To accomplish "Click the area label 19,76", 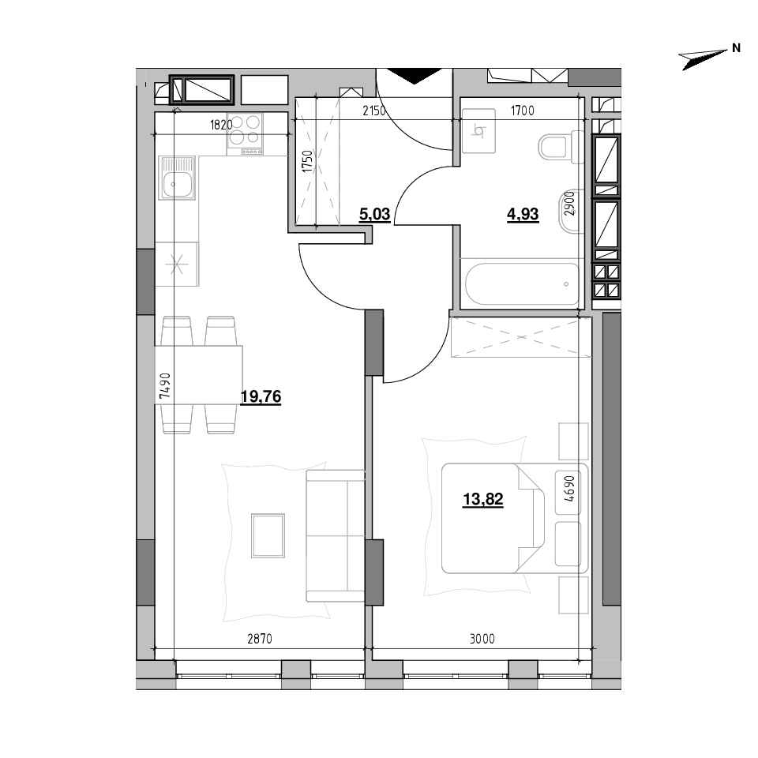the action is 261,397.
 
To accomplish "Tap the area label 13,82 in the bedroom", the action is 483,499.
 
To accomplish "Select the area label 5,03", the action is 374,214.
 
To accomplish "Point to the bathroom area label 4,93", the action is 523,214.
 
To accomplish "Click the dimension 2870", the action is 260,639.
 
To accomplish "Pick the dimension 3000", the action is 482,639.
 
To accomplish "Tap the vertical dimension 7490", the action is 165,385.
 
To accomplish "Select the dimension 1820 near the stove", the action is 221,125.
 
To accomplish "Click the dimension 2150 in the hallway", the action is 374,111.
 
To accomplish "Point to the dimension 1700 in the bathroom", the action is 523,111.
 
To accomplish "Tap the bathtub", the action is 522,284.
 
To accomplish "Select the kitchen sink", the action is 177,178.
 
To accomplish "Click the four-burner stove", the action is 245,134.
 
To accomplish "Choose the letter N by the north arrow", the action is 736,48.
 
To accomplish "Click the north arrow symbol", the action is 703,59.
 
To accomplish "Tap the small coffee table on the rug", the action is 268,535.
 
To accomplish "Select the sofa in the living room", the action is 335,535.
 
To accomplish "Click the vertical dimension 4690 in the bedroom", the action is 569,488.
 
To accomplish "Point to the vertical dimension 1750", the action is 308,162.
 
